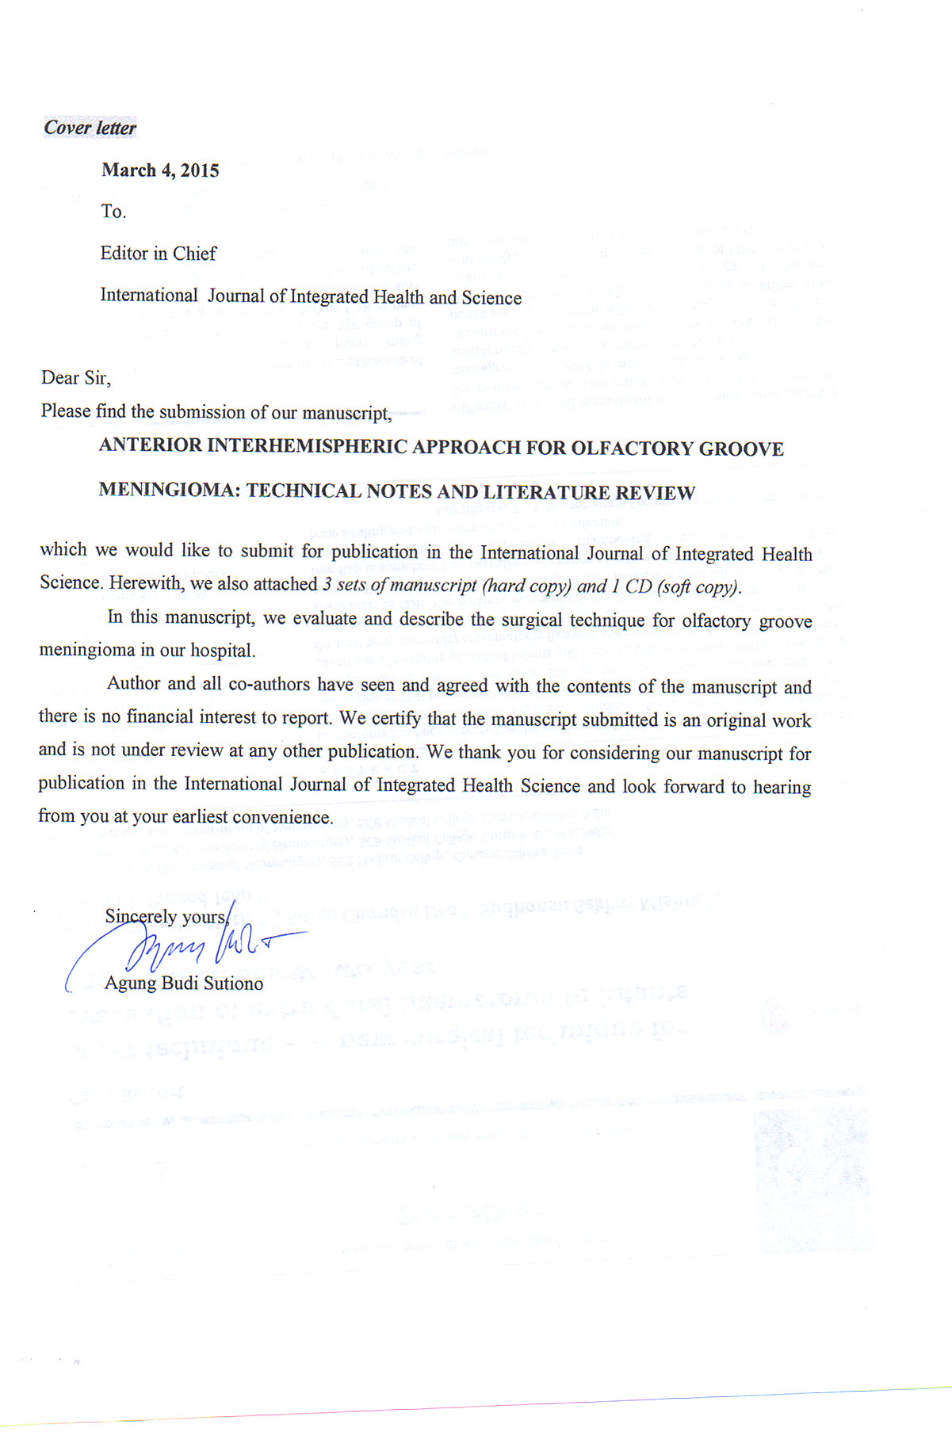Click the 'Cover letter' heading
[x=90, y=128]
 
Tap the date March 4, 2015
[x=160, y=170]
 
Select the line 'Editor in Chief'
[x=158, y=254]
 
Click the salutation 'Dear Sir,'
[x=76, y=378]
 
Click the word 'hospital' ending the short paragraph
[x=226, y=651]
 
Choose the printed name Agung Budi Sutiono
[x=184, y=983]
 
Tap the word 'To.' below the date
[x=113, y=212]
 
